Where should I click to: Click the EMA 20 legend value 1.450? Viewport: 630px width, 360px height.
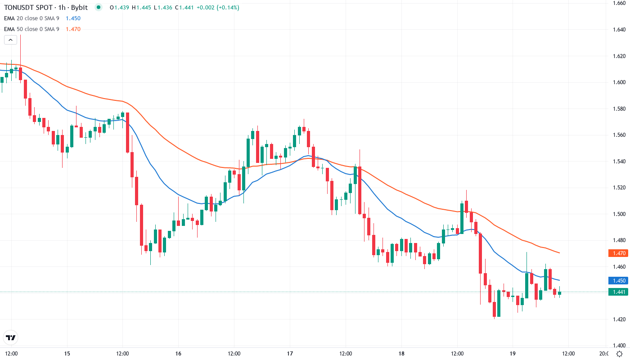point(73,18)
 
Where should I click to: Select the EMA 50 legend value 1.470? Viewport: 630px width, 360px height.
point(73,29)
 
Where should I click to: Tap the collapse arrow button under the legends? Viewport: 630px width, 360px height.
point(11,40)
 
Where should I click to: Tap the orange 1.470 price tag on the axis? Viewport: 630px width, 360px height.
point(618,253)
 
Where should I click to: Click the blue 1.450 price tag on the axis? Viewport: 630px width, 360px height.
point(618,280)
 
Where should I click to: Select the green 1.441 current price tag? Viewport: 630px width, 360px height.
point(618,292)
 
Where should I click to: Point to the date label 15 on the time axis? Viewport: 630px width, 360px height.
point(67,353)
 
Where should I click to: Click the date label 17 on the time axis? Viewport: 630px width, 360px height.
point(290,353)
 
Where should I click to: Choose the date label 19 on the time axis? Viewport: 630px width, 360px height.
point(513,353)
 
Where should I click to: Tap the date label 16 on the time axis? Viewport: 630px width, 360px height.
point(178,353)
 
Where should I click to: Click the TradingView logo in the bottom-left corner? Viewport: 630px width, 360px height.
point(11,337)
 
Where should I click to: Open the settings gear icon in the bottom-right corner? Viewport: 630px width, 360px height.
point(620,354)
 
